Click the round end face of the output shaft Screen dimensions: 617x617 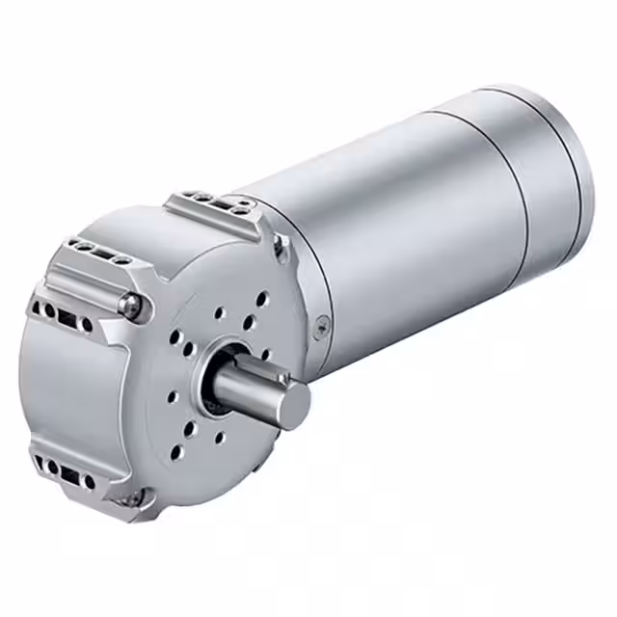pyautogui.click(x=293, y=405)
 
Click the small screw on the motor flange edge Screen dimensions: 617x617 pyautogui.click(x=323, y=323)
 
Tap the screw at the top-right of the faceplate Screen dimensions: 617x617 pyautogui.click(x=279, y=248)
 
